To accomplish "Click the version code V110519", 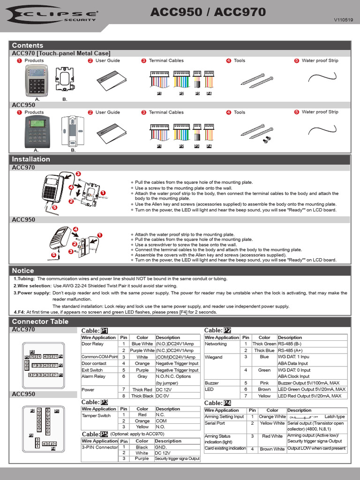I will pyautogui.click(x=343, y=21).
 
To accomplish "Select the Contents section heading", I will pyautogui.click(x=27, y=45).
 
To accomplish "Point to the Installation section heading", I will pyautogui.click(x=31, y=159).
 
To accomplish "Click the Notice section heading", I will pyautogui.click(x=23, y=270).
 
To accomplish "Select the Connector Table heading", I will pyautogui.click(x=40, y=322).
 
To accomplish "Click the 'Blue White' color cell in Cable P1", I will pyautogui.click(x=142, y=344).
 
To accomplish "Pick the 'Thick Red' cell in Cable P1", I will pyautogui.click(x=142, y=390).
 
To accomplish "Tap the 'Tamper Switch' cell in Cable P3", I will pyautogui.click(x=96, y=415).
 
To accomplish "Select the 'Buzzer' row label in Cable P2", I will pyautogui.click(x=212, y=383).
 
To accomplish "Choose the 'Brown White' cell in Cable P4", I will pyautogui.click(x=272, y=449).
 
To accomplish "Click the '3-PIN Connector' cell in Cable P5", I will pyautogui.click(x=99, y=448).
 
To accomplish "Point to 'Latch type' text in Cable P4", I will pyautogui.click(x=334, y=417).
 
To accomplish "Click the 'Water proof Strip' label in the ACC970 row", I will pyautogui.click(x=320, y=60).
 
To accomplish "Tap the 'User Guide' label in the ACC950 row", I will pyautogui.click(x=107, y=112).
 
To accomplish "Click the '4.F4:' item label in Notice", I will pyautogui.click(x=19, y=312).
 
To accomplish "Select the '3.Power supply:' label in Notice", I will pyautogui.click(x=31, y=292).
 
